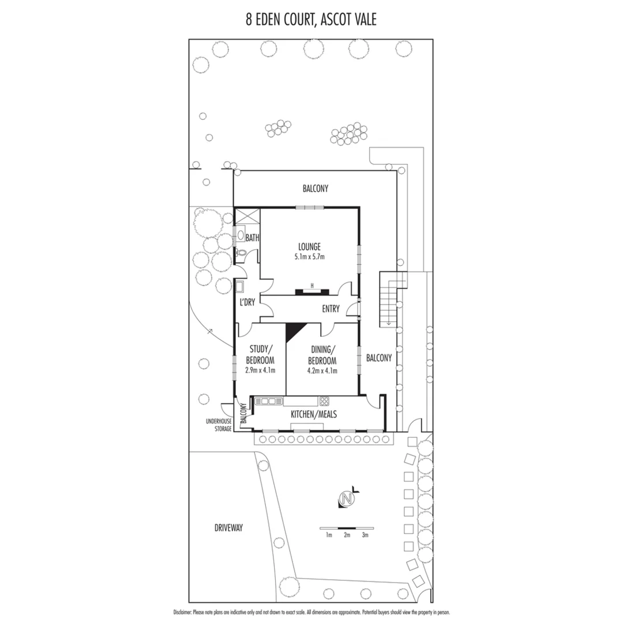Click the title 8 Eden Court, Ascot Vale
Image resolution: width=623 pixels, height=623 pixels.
coord(311,20)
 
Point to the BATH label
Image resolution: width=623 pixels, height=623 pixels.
coord(253,238)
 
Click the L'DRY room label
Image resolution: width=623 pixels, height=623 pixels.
coord(247,302)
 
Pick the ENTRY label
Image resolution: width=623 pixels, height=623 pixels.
coord(331,308)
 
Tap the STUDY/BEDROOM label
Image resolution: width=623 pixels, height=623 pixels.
coord(262,354)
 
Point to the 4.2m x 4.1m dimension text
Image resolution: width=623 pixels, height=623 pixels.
coord(322,370)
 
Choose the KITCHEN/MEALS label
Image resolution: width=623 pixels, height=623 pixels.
coord(313,414)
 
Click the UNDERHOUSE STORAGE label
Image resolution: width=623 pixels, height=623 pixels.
coord(218,425)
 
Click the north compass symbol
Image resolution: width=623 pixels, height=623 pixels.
coord(347,498)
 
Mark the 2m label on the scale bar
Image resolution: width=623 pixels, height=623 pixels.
coord(347,535)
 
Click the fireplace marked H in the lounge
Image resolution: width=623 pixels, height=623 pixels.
coord(312,291)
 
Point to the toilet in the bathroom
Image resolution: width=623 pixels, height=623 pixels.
coord(241,252)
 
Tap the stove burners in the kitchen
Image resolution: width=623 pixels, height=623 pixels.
coord(324,401)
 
